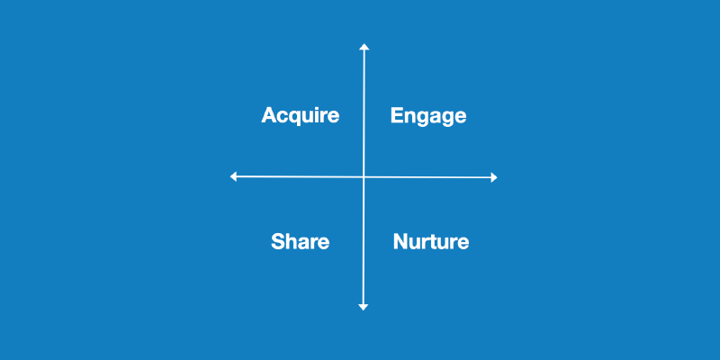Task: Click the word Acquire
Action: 300,116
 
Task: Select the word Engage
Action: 428,116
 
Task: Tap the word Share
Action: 300,242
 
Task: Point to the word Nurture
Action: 431,242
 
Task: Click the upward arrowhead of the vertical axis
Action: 364,46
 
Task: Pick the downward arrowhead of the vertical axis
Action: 364,307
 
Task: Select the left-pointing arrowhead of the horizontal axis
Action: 234,176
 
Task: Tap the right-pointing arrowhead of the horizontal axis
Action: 493,178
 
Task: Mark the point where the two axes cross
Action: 364,177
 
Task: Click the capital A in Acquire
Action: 268,115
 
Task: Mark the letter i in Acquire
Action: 314,115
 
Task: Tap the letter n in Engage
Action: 411,117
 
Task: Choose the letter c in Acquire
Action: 280,117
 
